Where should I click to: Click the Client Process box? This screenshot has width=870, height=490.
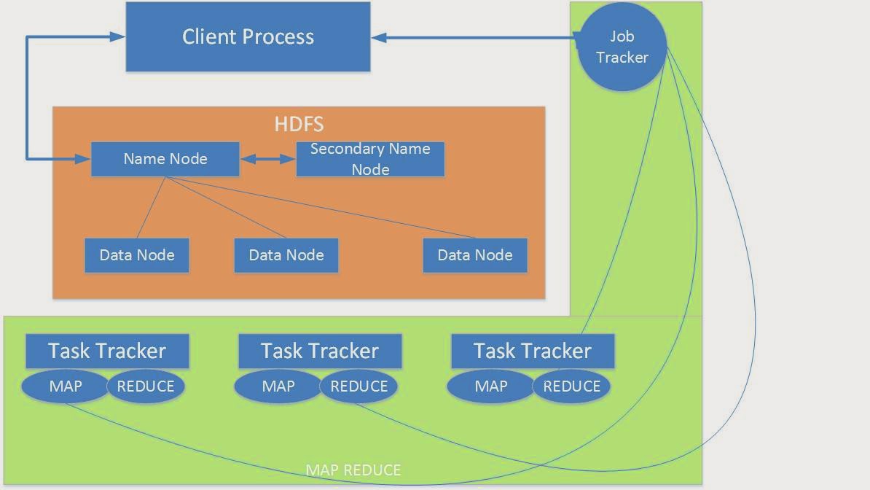(248, 36)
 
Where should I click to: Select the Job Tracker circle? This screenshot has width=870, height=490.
(622, 47)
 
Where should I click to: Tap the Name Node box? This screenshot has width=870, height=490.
(165, 159)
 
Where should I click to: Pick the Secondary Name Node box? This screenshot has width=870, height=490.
(370, 159)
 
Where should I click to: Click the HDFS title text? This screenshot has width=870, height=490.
(299, 123)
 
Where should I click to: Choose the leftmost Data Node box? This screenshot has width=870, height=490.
(137, 255)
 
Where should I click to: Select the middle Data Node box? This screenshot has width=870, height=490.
(286, 255)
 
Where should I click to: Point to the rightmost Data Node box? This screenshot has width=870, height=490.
(475, 255)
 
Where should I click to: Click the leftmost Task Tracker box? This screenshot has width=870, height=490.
(107, 351)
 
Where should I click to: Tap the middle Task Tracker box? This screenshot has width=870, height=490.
(320, 351)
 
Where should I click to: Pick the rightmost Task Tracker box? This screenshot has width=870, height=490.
(533, 351)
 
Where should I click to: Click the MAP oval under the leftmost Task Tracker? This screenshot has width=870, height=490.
(66, 386)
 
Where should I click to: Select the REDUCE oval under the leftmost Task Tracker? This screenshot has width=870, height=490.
(146, 386)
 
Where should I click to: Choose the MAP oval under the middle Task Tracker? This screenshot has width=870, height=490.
(278, 386)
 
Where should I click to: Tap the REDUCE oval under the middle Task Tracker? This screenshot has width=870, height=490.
(358, 386)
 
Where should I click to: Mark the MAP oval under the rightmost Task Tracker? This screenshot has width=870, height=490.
(491, 386)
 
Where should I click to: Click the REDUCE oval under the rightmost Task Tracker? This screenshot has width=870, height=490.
(571, 386)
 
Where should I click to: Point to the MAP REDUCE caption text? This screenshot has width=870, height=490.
(353, 470)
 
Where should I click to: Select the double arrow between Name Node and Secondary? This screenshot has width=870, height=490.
(267, 159)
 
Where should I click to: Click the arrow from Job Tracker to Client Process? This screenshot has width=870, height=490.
(474, 37)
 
